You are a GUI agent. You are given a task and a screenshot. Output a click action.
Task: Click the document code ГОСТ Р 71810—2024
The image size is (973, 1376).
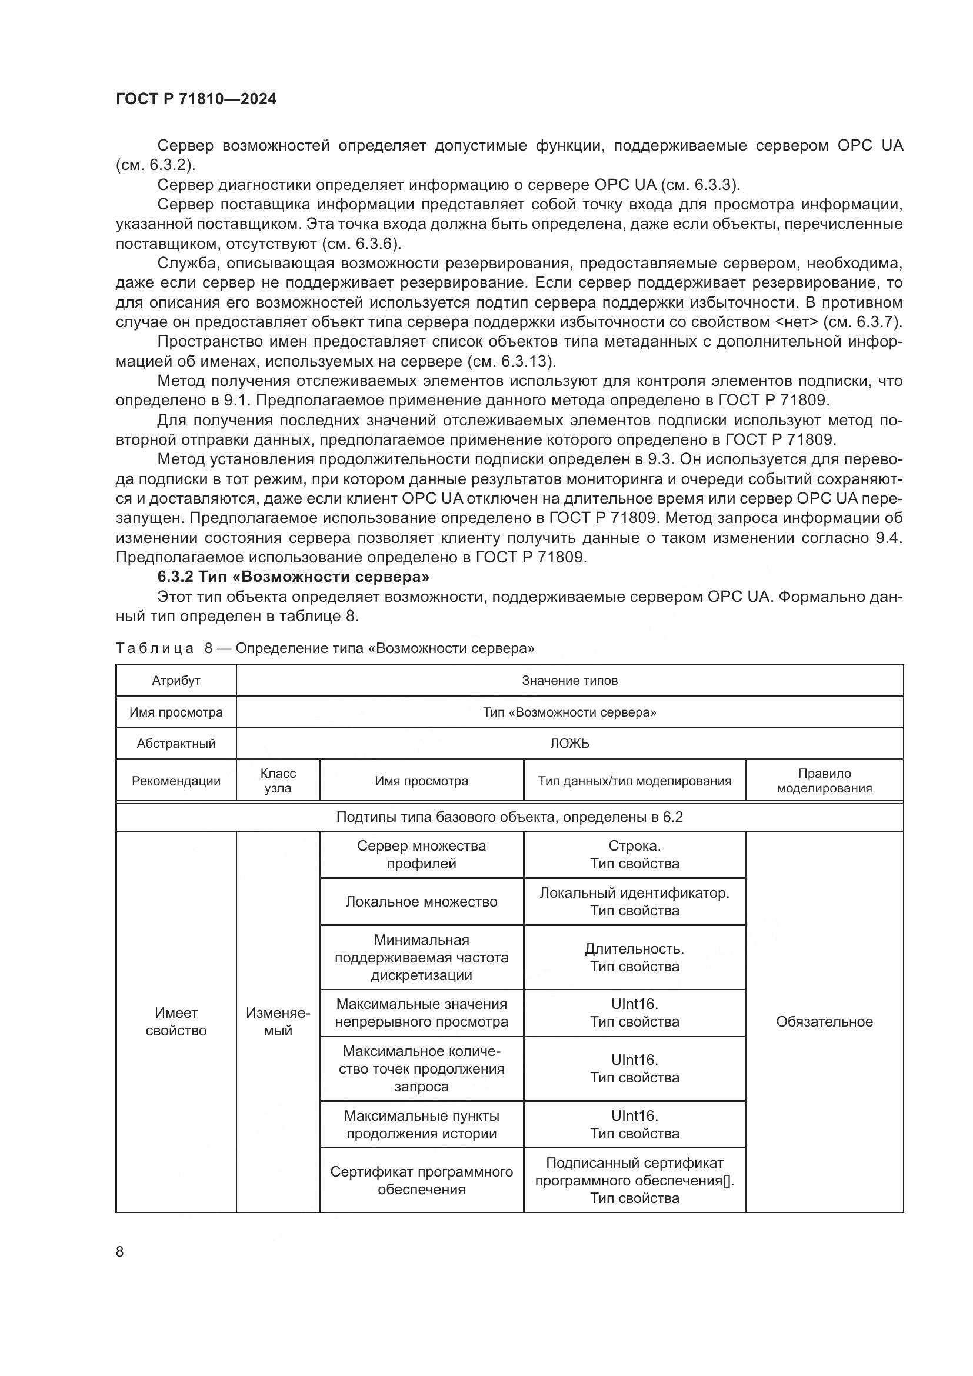pyautogui.click(x=196, y=99)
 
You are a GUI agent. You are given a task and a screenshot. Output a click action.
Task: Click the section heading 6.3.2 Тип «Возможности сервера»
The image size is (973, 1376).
pyautogui.click(x=293, y=577)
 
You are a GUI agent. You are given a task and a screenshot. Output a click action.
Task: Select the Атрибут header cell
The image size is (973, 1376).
pyautogui.click(x=175, y=680)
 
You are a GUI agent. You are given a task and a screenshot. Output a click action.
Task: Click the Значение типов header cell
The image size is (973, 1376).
pyautogui.click(x=569, y=680)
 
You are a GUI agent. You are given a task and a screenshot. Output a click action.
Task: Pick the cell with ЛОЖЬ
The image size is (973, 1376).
pyautogui.click(x=569, y=743)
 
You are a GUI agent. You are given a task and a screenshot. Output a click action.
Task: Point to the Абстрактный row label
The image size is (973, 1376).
pyautogui.click(x=175, y=743)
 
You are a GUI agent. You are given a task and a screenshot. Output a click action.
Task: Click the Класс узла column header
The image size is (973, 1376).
pyautogui.click(x=278, y=780)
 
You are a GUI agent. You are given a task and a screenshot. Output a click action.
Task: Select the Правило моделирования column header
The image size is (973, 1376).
pyautogui.click(x=824, y=780)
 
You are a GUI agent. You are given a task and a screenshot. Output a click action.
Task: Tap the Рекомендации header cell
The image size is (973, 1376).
pyautogui.click(x=175, y=781)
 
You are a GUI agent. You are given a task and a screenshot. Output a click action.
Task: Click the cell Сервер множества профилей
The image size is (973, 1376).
pyautogui.click(x=421, y=854)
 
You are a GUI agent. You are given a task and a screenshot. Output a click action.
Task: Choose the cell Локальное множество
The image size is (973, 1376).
pyautogui.click(x=421, y=901)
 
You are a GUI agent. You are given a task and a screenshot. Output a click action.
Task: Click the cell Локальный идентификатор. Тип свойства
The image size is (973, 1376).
pyautogui.click(x=635, y=901)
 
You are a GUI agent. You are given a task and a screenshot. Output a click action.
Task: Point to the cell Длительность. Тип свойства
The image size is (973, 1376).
pyautogui.click(x=635, y=957)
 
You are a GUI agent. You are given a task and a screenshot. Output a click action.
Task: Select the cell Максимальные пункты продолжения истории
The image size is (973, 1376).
pyautogui.click(x=421, y=1124)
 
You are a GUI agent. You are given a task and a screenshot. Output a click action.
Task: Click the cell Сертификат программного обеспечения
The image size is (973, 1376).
pyautogui.click(x=421, y=1180)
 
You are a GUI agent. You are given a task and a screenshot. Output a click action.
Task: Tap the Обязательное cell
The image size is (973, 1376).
pyautogui.click(x=824, y=1022)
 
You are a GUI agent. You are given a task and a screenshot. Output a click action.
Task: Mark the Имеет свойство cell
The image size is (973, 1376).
pyautogui.click(x=175, y=1022)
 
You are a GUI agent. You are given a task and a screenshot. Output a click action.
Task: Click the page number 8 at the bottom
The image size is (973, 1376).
pyautogui.click(x=120, y=1251)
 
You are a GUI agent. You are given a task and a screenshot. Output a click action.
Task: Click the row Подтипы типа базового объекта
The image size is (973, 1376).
pyautogui.click(x=509, y=817)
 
